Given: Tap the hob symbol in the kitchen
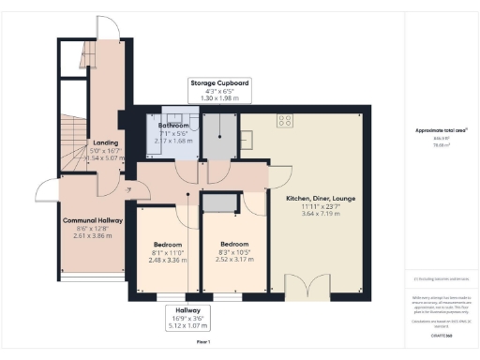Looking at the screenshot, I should coord(285,119).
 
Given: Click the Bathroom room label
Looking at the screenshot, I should coord(173,126).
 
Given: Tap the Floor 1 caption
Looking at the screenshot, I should coord(202,343).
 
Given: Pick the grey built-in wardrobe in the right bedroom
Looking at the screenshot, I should coord(221,203).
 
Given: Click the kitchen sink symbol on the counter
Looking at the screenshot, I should coord(250,142).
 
